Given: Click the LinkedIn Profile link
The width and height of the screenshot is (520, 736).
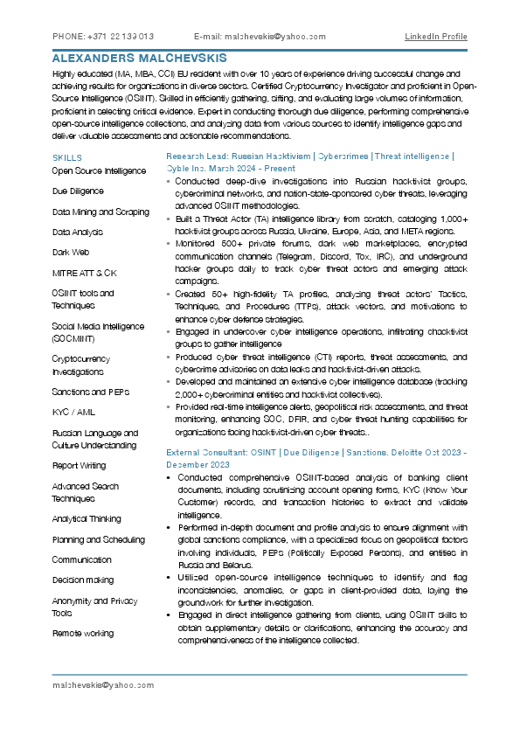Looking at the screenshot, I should tap(435, 37).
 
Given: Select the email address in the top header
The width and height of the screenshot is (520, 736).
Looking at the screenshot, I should tap(260, 37).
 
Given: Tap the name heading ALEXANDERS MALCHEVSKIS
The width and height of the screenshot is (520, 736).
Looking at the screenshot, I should tap(139, 58).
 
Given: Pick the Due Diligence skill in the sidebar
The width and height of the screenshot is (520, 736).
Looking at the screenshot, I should tap(78, 191).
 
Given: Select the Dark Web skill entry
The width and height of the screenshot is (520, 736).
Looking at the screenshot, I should tap(71, 252).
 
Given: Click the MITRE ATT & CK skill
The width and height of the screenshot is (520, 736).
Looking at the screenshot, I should tap(84, 273).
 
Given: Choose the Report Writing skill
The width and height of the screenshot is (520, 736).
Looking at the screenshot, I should tap(79, 466).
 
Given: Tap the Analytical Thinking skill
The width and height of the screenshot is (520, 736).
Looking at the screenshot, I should tap(87, 518).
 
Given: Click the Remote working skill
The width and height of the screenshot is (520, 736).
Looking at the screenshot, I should tap(82, 632).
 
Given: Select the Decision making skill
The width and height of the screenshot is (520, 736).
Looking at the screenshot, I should tap(82, 580).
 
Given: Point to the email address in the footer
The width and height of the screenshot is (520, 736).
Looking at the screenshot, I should tap(103, 685).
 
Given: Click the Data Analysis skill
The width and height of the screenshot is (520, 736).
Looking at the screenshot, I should tap(77, 232).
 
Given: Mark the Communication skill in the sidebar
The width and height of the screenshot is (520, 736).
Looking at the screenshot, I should tap(81, 559).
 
